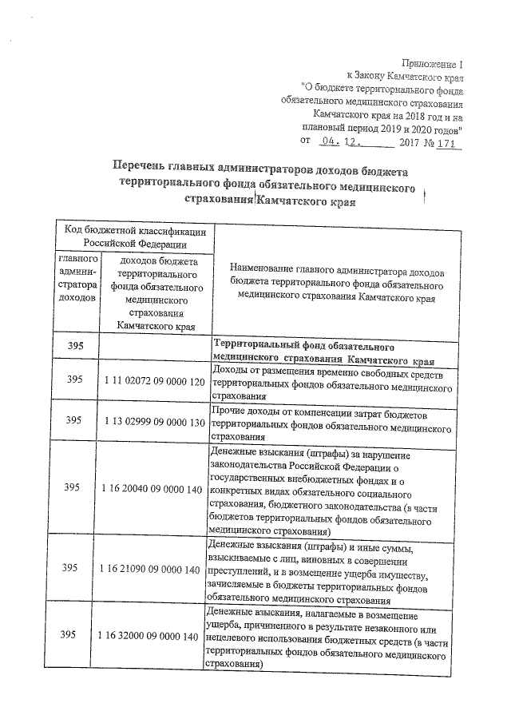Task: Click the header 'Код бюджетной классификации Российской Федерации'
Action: tap(135, 237)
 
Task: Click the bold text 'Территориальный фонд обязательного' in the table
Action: tap(302, 348)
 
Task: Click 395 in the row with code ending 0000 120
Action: tap(74, 381)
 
